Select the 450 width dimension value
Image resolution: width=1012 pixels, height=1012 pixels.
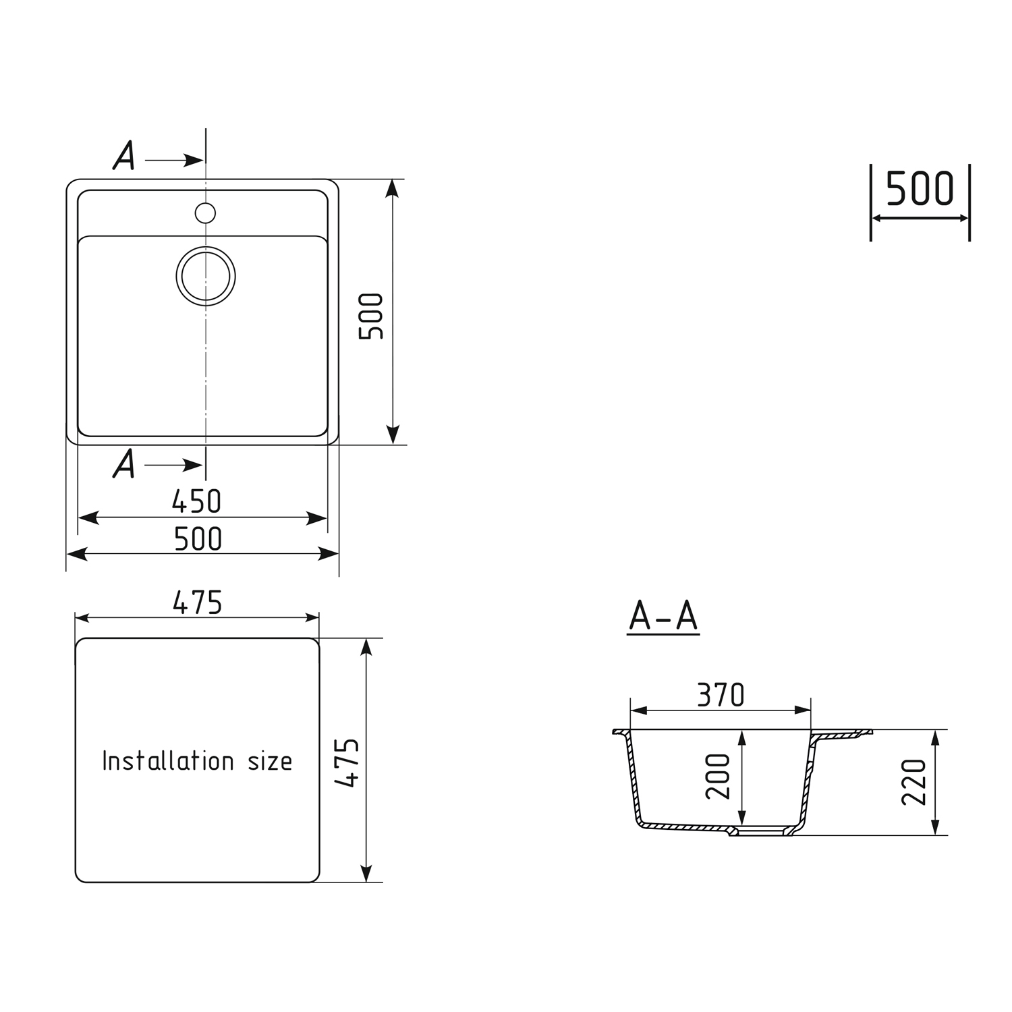coord(196,501)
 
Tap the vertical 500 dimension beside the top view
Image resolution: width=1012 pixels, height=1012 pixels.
coord(371,316)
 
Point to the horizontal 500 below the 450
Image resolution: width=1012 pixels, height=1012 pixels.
coord(198,539)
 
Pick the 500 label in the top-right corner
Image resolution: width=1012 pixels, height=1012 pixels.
coord(920,189)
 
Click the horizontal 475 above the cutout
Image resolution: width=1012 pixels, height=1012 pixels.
coord(197,602)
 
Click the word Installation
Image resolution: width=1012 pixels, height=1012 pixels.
coord(168,761)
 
